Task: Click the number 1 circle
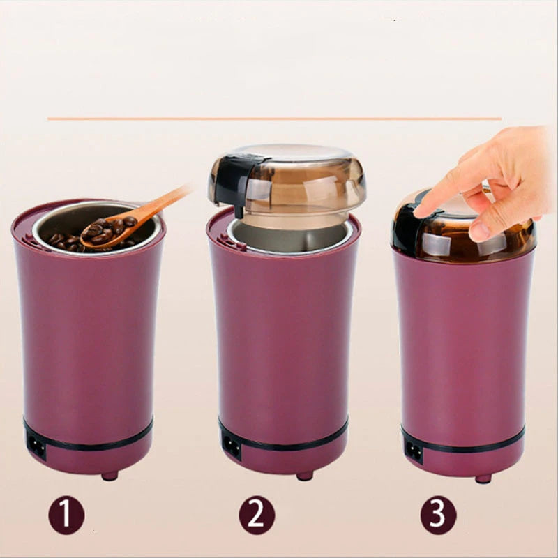(66, 516)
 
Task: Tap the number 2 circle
(257, 516)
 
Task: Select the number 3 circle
(438, 516)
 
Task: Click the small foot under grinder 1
(110, 476)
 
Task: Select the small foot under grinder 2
(304, 476)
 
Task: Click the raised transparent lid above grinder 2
(300, 178)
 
